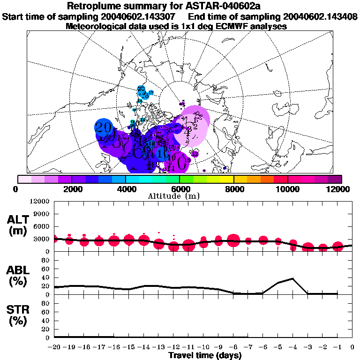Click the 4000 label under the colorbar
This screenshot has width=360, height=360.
126,189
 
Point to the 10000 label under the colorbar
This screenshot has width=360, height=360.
288,189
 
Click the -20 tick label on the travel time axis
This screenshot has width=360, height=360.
54,347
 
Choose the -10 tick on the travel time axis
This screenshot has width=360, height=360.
203,347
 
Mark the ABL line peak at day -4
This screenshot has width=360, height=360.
292,278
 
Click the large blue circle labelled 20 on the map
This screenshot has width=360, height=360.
104,127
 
